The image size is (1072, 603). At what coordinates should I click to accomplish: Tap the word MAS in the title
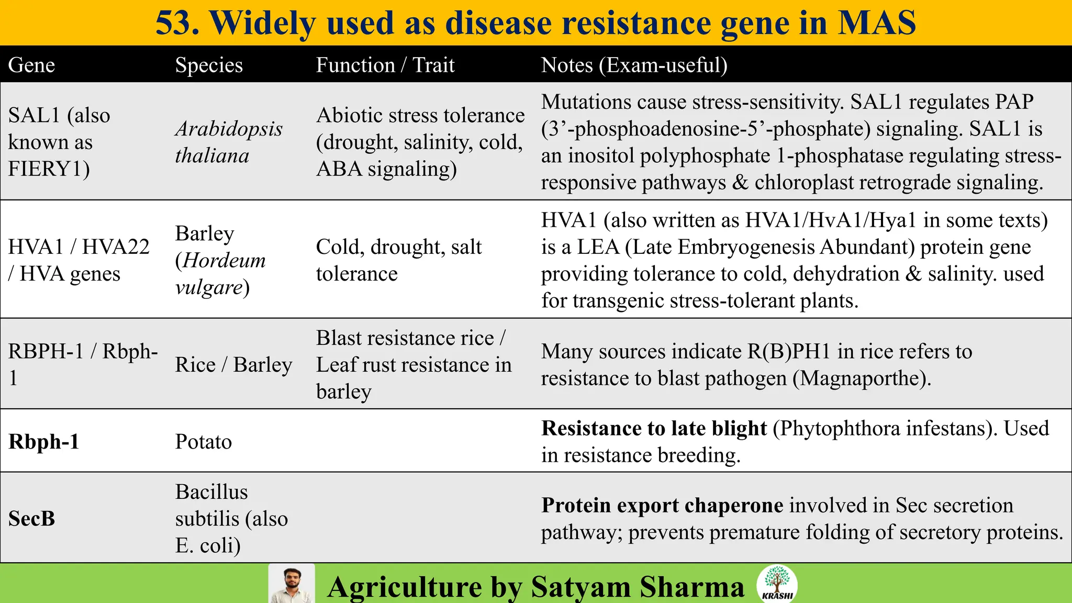pos(876,23)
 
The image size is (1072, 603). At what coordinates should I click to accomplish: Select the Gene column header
pos(31,65)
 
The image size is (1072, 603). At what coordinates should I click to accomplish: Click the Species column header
pos(209,65)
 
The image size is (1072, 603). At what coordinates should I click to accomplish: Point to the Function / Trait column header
pos(385,65)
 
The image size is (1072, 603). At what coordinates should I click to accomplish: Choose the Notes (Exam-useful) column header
pos(634,65)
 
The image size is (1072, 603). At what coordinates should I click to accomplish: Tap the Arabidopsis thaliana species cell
pos(229,142)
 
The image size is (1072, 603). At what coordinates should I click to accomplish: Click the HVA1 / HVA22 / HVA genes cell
pos(79,260)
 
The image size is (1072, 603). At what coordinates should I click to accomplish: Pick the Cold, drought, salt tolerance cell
pos(398,260)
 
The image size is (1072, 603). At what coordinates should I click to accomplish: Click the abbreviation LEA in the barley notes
pos(598,247)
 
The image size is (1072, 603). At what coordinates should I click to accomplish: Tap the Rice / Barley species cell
pos(233,365)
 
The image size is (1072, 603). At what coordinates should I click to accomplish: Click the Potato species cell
pos(203,442)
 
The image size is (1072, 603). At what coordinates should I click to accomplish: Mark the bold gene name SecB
pos(31,519)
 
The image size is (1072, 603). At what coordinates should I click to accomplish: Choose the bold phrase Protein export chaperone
pos(662,505)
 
